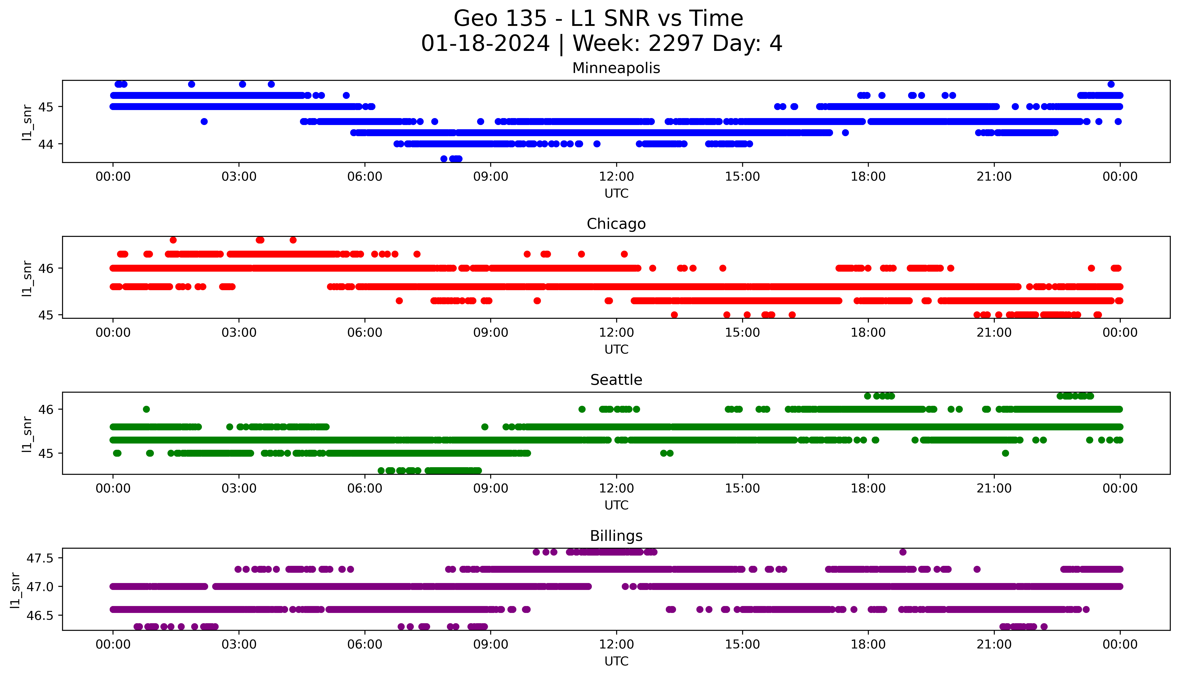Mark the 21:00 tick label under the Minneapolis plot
[x=994, y=177]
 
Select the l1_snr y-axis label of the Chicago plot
[x=27, y=278]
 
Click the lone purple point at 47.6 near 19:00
[x=903, y=552]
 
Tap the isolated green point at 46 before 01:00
[x=146, y=409]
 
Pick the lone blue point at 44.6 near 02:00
[x=204, y=122]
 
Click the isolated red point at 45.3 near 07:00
[x=399, y=301]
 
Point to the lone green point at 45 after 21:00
[x=1005, y=453]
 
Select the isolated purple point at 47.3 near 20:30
[x=977, y=569]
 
